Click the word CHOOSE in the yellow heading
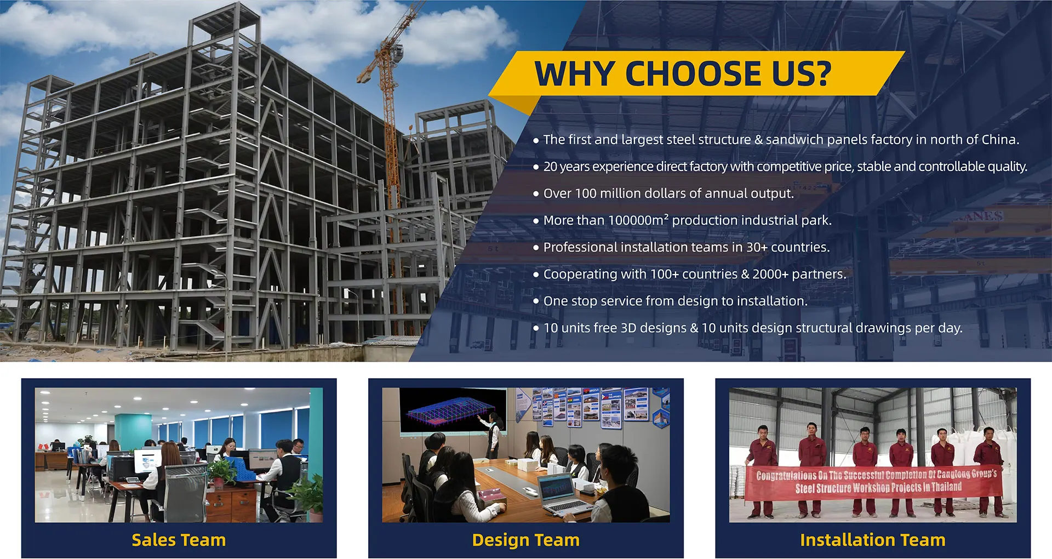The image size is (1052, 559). [x=693, y=73]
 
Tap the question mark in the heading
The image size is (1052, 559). [x=820, y=73]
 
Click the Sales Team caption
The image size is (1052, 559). [x=179, y=540]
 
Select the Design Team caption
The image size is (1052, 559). [x=525, y=540]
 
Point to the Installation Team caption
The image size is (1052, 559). [x=872, y=540]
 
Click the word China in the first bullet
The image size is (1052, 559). [x=999, y=140]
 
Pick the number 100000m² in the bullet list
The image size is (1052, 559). [x=638, y=220]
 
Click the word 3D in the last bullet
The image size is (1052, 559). [x=628, y=328]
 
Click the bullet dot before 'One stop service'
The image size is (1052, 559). [x=536, y=301]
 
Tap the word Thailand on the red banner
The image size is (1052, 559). [x=946, y=486]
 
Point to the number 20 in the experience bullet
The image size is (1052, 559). [x=550, y=167]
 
